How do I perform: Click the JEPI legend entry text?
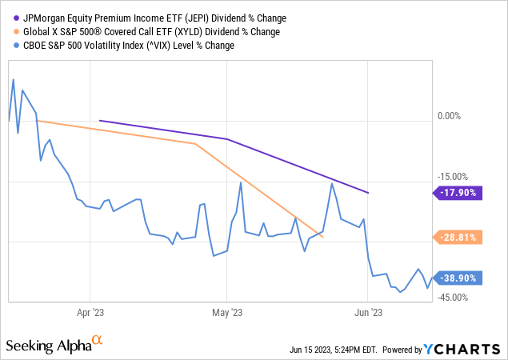click(x=153, y=18)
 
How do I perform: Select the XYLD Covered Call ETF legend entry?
click(x=147, y=31)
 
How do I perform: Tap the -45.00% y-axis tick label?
click(x=452, y=298)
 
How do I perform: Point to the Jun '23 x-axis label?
click(x=367, y=313)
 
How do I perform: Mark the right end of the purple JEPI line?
click(x=368, y=193)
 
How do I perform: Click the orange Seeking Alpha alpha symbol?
click(x=98, y=341)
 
